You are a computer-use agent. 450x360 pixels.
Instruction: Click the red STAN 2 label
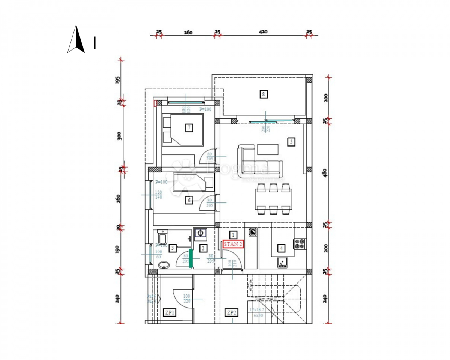click(233, 244)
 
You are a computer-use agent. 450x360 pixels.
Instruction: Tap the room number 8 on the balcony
click(264, 94)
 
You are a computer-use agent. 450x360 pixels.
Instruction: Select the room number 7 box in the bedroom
click(189, 128)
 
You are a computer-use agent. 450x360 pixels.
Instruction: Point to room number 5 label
click(291, 142)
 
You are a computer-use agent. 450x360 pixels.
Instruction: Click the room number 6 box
click(189, 200)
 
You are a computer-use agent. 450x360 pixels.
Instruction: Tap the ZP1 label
click(170, 312)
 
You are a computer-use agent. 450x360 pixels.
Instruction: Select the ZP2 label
click(231, 312)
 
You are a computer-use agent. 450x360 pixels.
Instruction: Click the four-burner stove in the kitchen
click(300, 244)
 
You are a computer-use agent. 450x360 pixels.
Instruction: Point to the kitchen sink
click(282, 262)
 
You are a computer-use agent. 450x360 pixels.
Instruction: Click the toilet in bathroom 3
click(163, 237)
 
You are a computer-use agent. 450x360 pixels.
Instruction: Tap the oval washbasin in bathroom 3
click(163, 265)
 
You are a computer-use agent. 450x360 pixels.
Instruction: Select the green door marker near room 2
click(190, 258)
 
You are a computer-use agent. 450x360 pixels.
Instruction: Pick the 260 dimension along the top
click(188, 33)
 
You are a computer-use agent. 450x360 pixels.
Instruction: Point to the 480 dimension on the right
click(325, 172)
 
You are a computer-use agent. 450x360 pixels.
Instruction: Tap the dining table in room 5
click(273, 199)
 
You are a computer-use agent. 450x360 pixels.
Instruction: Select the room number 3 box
click(172, 247)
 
